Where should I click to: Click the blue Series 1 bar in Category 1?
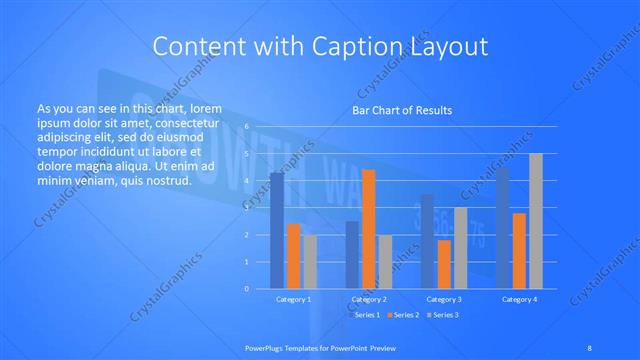[277, 231]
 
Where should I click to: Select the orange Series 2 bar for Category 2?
[368, 229]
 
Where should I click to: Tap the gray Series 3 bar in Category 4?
[536, 221]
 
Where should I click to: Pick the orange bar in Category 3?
[444, 264]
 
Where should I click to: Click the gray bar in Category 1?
[310, 262]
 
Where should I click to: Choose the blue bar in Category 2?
[352, 255]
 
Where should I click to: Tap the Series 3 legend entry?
[443, 315]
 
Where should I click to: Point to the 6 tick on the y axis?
[246, 127]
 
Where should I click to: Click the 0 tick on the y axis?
[246, 289]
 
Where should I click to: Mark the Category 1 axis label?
[293, 299]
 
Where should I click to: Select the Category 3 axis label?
[444, 299]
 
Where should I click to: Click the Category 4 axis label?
[519, 299]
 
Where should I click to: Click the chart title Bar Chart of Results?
[402, 110]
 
